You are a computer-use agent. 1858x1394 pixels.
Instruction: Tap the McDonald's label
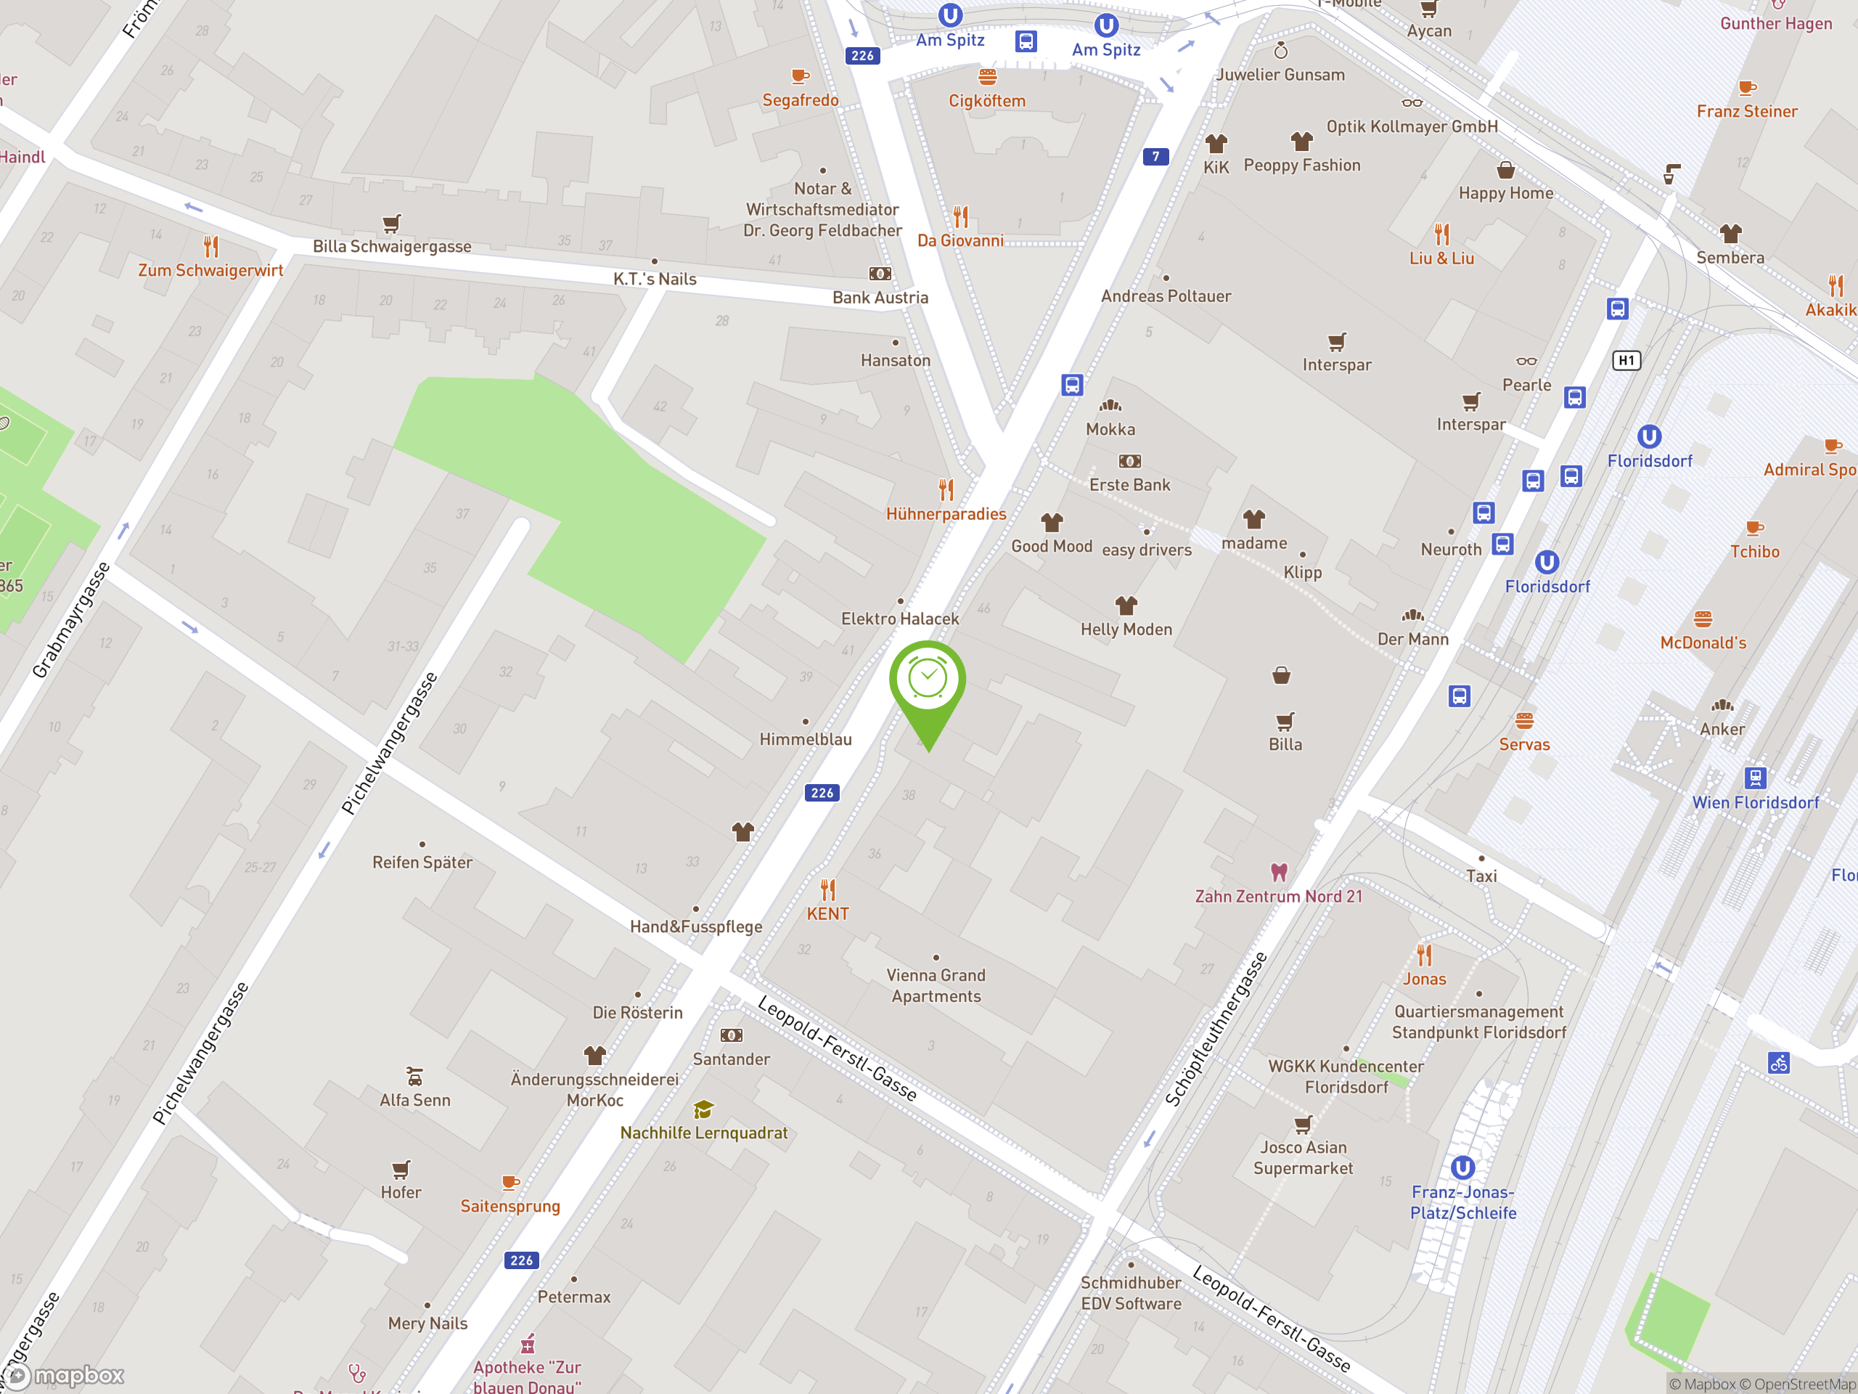1703,643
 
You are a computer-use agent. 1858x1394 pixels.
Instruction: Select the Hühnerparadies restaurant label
946,514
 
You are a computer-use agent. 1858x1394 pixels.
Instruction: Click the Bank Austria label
880,298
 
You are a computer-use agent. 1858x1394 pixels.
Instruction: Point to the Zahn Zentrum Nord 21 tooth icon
1278,872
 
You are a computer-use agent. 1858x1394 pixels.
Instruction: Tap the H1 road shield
1626,360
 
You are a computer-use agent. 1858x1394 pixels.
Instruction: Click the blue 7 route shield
1155,156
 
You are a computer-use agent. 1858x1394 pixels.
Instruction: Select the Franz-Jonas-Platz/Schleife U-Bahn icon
1462,1167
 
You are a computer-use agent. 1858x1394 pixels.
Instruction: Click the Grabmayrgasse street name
71,620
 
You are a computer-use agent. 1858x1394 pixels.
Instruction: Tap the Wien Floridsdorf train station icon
1755,778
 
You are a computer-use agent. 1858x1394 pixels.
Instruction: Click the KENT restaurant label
827,913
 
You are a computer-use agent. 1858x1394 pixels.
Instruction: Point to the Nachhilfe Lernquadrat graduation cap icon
703,1110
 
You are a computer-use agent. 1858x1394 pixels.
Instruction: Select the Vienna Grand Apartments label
936,986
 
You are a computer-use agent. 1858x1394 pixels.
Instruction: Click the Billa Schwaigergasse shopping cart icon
391,224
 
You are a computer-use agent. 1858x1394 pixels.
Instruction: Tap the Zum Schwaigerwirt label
210,271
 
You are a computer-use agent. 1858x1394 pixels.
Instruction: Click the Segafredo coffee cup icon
800,77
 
